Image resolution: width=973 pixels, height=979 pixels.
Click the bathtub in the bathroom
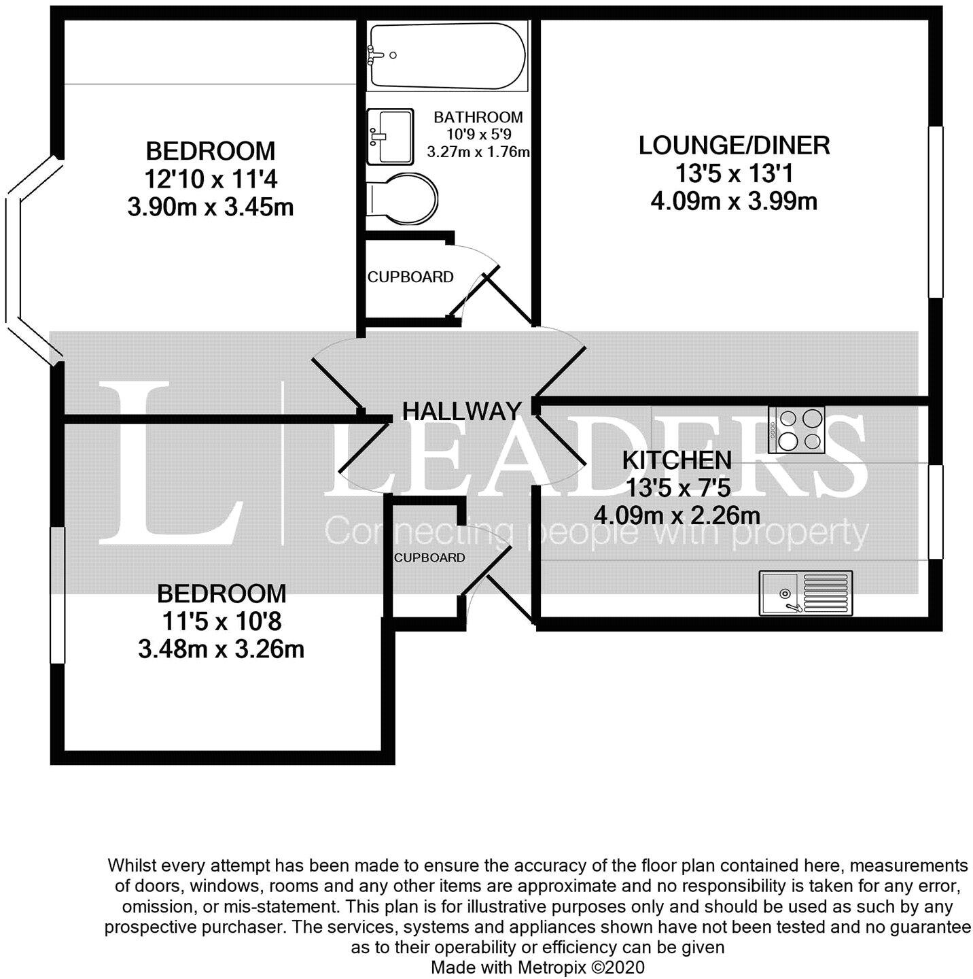[446, 56]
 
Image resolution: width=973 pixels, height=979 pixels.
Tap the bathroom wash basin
[389, 137]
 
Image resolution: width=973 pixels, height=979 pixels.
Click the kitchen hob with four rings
[796, 430]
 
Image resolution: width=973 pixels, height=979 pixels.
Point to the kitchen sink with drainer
[805, 593]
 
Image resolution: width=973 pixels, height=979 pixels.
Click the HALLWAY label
[462, 411]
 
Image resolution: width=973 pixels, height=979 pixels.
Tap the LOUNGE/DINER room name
[734, 145]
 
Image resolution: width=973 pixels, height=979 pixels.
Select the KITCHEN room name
[677, 460]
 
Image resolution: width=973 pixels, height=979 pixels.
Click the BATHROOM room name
[478, 117]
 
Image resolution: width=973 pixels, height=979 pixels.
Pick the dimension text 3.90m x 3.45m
[211, 207]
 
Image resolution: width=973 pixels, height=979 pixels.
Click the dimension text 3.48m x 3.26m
[221, 649]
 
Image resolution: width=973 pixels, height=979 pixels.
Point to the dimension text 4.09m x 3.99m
[734, 201]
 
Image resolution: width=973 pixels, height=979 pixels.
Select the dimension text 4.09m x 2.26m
[677, 515]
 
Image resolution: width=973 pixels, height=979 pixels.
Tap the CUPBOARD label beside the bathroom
[410, 277]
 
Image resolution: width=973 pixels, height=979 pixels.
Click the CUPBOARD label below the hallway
[429, 558]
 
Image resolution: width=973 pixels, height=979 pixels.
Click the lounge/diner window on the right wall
[936, 211]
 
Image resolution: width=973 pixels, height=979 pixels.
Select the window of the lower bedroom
[58, 595]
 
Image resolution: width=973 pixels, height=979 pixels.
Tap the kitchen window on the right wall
[936, 511]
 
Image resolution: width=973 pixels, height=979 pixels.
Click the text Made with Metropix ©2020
[537, 967]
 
